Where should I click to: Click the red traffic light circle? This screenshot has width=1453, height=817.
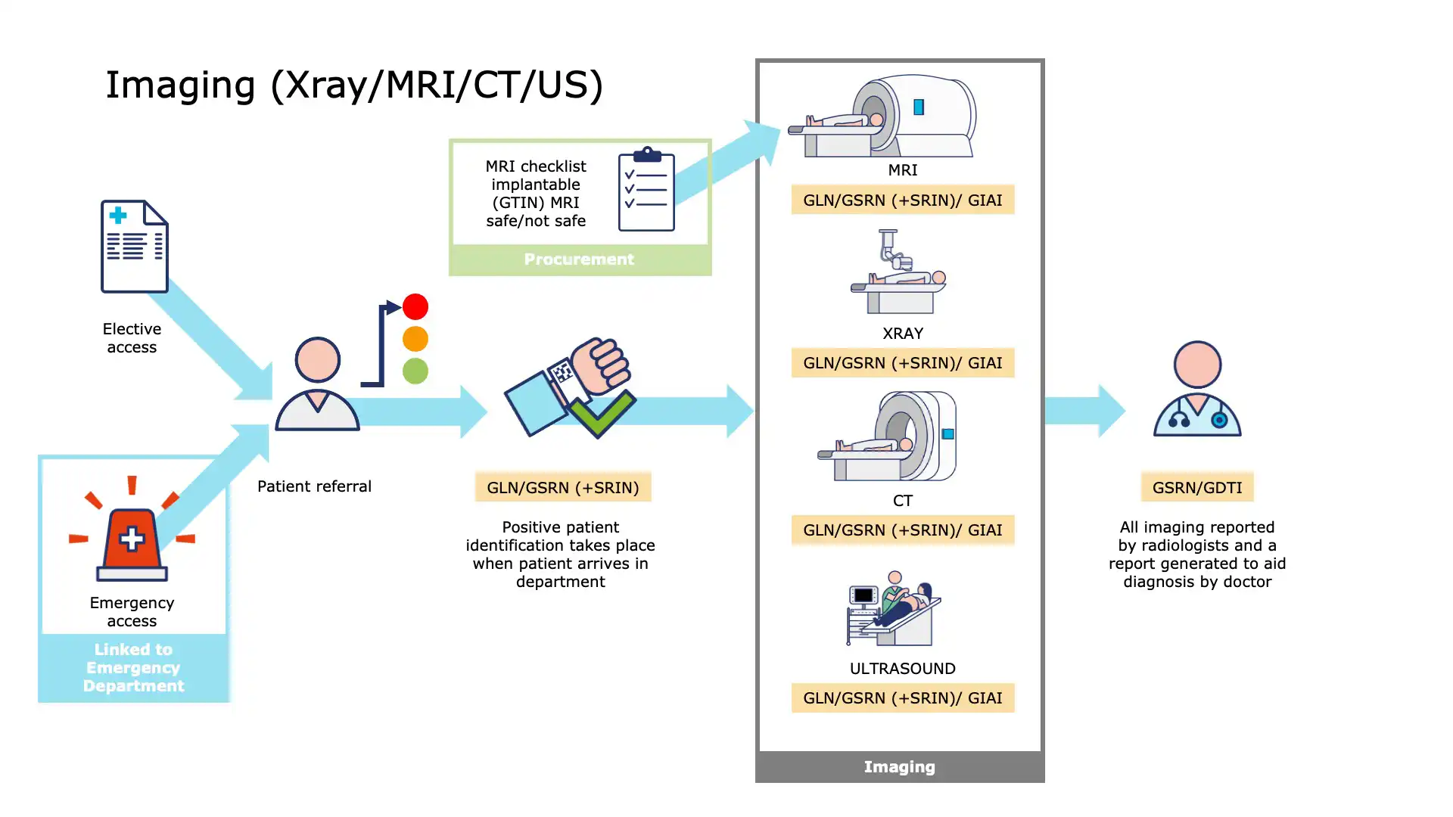pos(415,306)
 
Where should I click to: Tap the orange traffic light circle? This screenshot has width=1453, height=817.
pos(415,339)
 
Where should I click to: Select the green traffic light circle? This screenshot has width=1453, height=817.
pos(415,371)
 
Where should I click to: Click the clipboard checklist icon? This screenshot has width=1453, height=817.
pos(646,190)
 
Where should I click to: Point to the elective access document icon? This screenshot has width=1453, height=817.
pos(135,246)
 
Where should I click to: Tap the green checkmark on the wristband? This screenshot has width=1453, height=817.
pos(602,413)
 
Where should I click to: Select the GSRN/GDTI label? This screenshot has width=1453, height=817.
pos(1197,488)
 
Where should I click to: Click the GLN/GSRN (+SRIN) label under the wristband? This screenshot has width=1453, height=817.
pos(563,488)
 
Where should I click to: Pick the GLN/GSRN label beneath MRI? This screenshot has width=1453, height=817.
pos(902,200)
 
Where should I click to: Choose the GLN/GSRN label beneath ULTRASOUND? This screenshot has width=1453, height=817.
pos(902,698)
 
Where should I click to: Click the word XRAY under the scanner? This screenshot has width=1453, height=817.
pos(903,334)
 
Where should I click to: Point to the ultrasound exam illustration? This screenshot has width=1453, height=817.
pos(894,609)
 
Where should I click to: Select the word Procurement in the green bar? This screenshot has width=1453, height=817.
pos(579,259)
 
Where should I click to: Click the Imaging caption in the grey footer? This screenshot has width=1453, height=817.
pos(899,767)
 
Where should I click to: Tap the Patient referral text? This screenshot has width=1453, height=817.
pos(314,486)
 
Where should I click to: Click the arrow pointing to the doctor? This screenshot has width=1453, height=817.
pos(1085,411)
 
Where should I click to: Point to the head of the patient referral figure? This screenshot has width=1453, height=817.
pos(317,359)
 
